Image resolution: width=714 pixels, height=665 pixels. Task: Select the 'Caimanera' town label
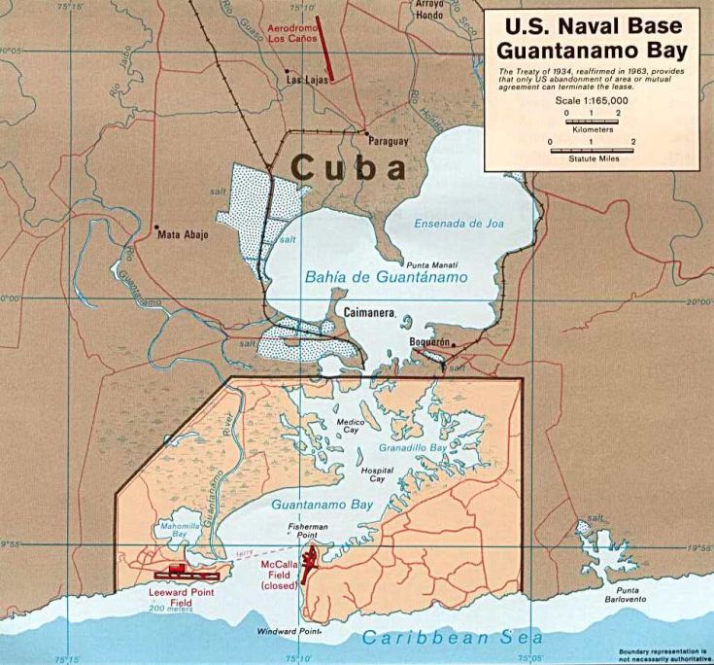tap(369, 313)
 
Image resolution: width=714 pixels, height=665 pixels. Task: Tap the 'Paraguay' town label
tap(388, 140)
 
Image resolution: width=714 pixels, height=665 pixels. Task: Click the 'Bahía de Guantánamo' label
tap(386, 277)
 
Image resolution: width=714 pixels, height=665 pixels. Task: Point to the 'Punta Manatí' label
tap(432, 264)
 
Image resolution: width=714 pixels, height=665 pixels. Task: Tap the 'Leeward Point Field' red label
tap(183, 596)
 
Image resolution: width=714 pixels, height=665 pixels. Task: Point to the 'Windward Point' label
tap(289, 631)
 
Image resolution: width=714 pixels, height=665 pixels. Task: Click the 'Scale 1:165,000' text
tap(592, 100)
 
